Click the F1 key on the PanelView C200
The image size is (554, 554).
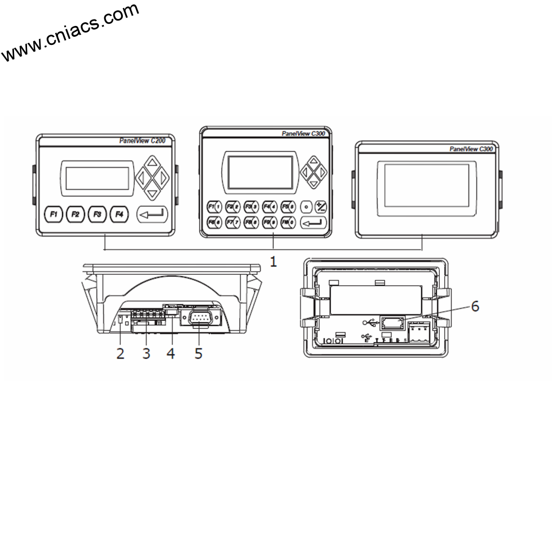pos(54,214)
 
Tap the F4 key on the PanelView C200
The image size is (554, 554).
pos(120,214)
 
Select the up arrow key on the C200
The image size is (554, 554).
pos(152,162)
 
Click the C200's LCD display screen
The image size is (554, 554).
pos(97,178)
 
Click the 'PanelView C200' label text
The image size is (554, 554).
pos(142,141)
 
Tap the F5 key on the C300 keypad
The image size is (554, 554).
pos(288,206)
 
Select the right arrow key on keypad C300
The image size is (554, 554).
pos(322,173)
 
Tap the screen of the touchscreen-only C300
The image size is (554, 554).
pos(427,186)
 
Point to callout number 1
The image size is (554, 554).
pos(273,262)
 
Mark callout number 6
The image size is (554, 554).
pos(474,306)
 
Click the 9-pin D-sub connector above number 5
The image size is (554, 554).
pos(200,319)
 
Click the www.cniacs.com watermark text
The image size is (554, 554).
pos(70,32)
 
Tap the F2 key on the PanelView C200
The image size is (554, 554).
pos(76,214)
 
